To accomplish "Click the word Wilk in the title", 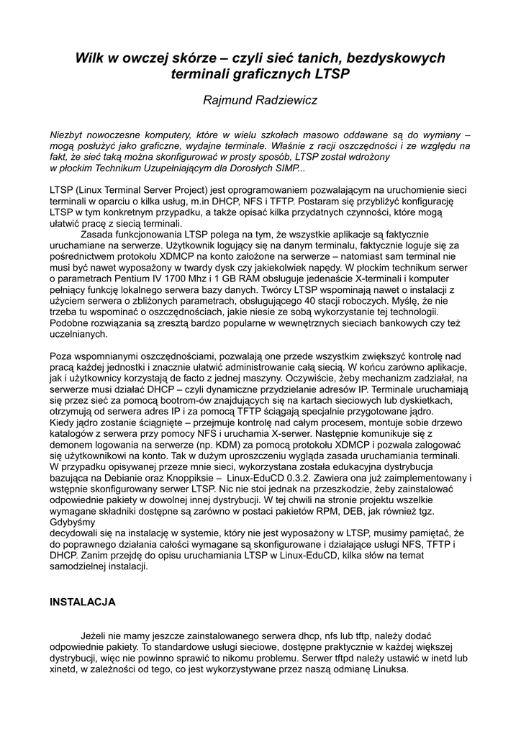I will coord(91,58).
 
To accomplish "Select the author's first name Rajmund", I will coord(228,100).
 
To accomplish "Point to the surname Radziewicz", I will coord(286,100).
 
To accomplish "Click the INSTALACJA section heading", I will coord(82,600).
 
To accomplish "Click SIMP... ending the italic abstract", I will coord(286,168).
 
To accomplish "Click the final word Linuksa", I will coord(388,669).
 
